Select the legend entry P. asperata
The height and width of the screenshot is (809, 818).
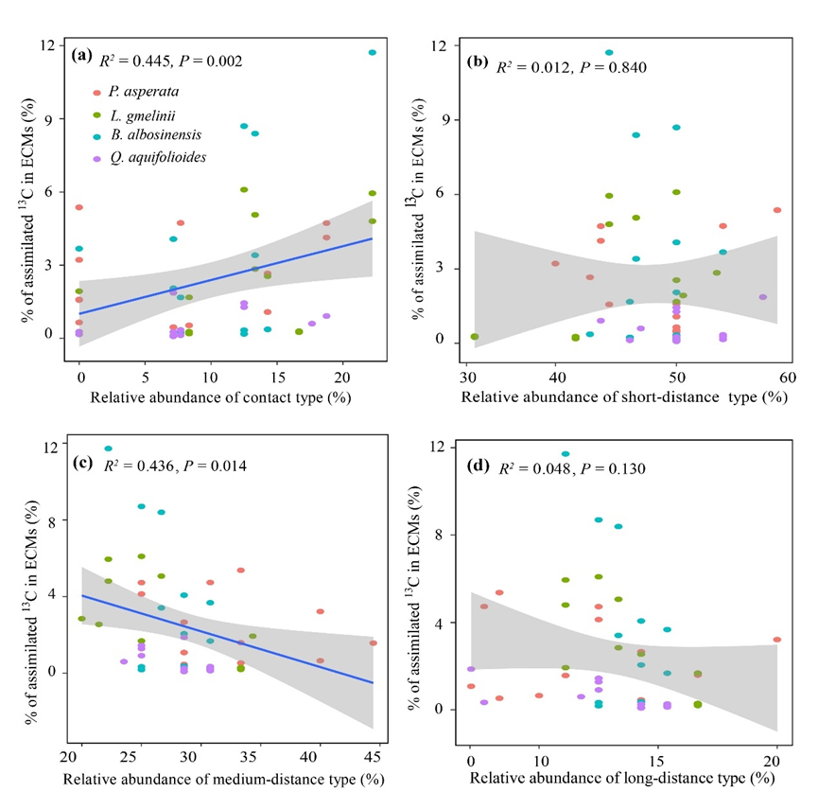(x=146, y=92)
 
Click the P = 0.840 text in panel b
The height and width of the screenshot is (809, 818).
(x=610, y=66)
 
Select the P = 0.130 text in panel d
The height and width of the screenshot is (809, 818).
(x=611, y=468)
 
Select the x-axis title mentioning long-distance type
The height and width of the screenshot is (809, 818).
(x=621, y=778)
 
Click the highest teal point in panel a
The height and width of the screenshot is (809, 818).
(x=372, y=52)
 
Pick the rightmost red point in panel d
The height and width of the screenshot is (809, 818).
(x=776, y=640)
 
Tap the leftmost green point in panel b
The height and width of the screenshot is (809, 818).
(x=475, y=336)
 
